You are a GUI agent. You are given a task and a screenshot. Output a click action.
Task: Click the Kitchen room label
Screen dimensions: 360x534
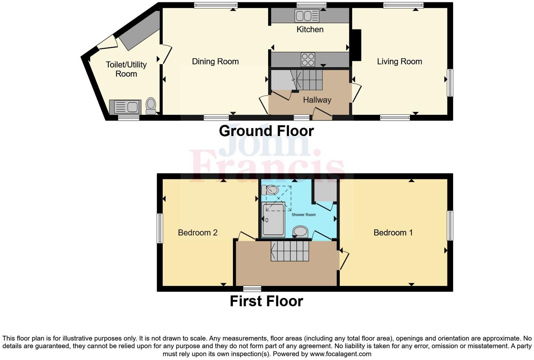pos(310,30)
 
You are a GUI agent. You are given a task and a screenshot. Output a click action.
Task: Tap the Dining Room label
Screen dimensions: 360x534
pos(215,62)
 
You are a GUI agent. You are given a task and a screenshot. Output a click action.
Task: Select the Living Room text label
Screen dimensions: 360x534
pos(399,62)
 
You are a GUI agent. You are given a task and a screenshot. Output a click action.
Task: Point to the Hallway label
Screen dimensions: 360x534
pos(317,100)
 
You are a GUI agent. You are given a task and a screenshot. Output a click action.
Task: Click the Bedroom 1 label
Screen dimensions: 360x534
pos(393,232)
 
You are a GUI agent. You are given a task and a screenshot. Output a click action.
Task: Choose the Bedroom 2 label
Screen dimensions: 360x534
pos(197,232)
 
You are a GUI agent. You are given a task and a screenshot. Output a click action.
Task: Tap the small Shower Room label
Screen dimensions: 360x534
pos(304,214)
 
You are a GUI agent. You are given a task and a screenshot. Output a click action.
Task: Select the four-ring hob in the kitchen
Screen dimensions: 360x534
pos(308,59)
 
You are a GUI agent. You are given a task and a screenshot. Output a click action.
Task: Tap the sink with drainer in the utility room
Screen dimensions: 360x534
pos(125,107)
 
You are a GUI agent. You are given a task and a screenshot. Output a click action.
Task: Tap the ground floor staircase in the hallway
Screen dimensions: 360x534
pos(308,80)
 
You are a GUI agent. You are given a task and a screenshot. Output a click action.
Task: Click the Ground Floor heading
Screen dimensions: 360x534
pos(266,131)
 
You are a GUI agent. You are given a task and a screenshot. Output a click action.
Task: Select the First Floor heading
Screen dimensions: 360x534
pos(266,301)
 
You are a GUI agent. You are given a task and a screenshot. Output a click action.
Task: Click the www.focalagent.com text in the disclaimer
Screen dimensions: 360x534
pos(340,354)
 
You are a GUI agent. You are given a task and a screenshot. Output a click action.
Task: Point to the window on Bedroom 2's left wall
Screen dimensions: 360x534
pos(160,228)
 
